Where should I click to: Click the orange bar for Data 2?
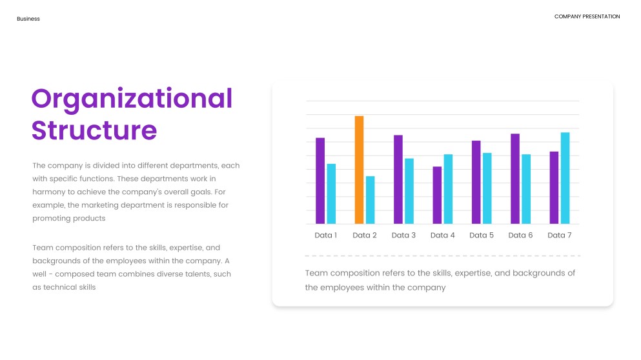tap(359, 170)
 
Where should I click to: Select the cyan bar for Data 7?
tap(565, 178)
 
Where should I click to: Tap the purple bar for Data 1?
tap(320, 181)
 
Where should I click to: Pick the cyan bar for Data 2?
tap(370, 200)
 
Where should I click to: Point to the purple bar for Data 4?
tap(437, 195)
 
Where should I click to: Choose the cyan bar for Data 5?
tap(487, 188)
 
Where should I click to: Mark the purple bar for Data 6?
tap(515, 179)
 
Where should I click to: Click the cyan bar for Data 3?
tap(409, 191)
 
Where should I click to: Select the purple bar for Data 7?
tap(554, 188)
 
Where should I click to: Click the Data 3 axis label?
tap(403, 235)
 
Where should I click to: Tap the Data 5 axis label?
tap(482, 235)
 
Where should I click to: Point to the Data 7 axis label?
tap(559, 235)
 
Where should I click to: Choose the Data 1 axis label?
tap(326, 235)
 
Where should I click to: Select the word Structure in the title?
tap(94, 130)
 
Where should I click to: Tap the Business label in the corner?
tap(28, 19)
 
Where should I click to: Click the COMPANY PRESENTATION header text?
tap(587, 16)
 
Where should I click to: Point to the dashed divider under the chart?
tap(443, 255)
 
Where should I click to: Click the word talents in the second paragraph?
tap(198, 274)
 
